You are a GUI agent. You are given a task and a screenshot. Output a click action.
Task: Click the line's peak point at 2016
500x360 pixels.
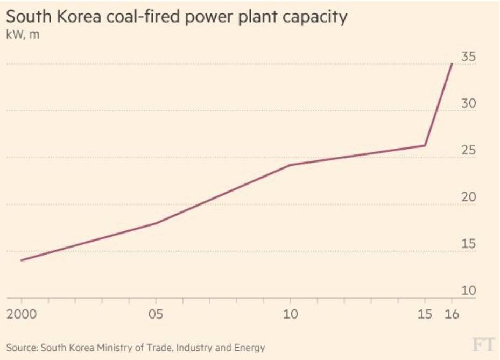[452, 64]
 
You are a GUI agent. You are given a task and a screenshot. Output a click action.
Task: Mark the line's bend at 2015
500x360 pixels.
[425, 145]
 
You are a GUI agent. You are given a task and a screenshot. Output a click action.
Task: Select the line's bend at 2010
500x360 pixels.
[291, 165]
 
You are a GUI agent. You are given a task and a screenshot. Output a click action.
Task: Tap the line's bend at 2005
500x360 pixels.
[156, 223]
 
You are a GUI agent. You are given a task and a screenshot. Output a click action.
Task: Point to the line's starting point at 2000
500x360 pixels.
[22, 260]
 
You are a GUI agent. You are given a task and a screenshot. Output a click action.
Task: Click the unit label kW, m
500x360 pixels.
[22, 36]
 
